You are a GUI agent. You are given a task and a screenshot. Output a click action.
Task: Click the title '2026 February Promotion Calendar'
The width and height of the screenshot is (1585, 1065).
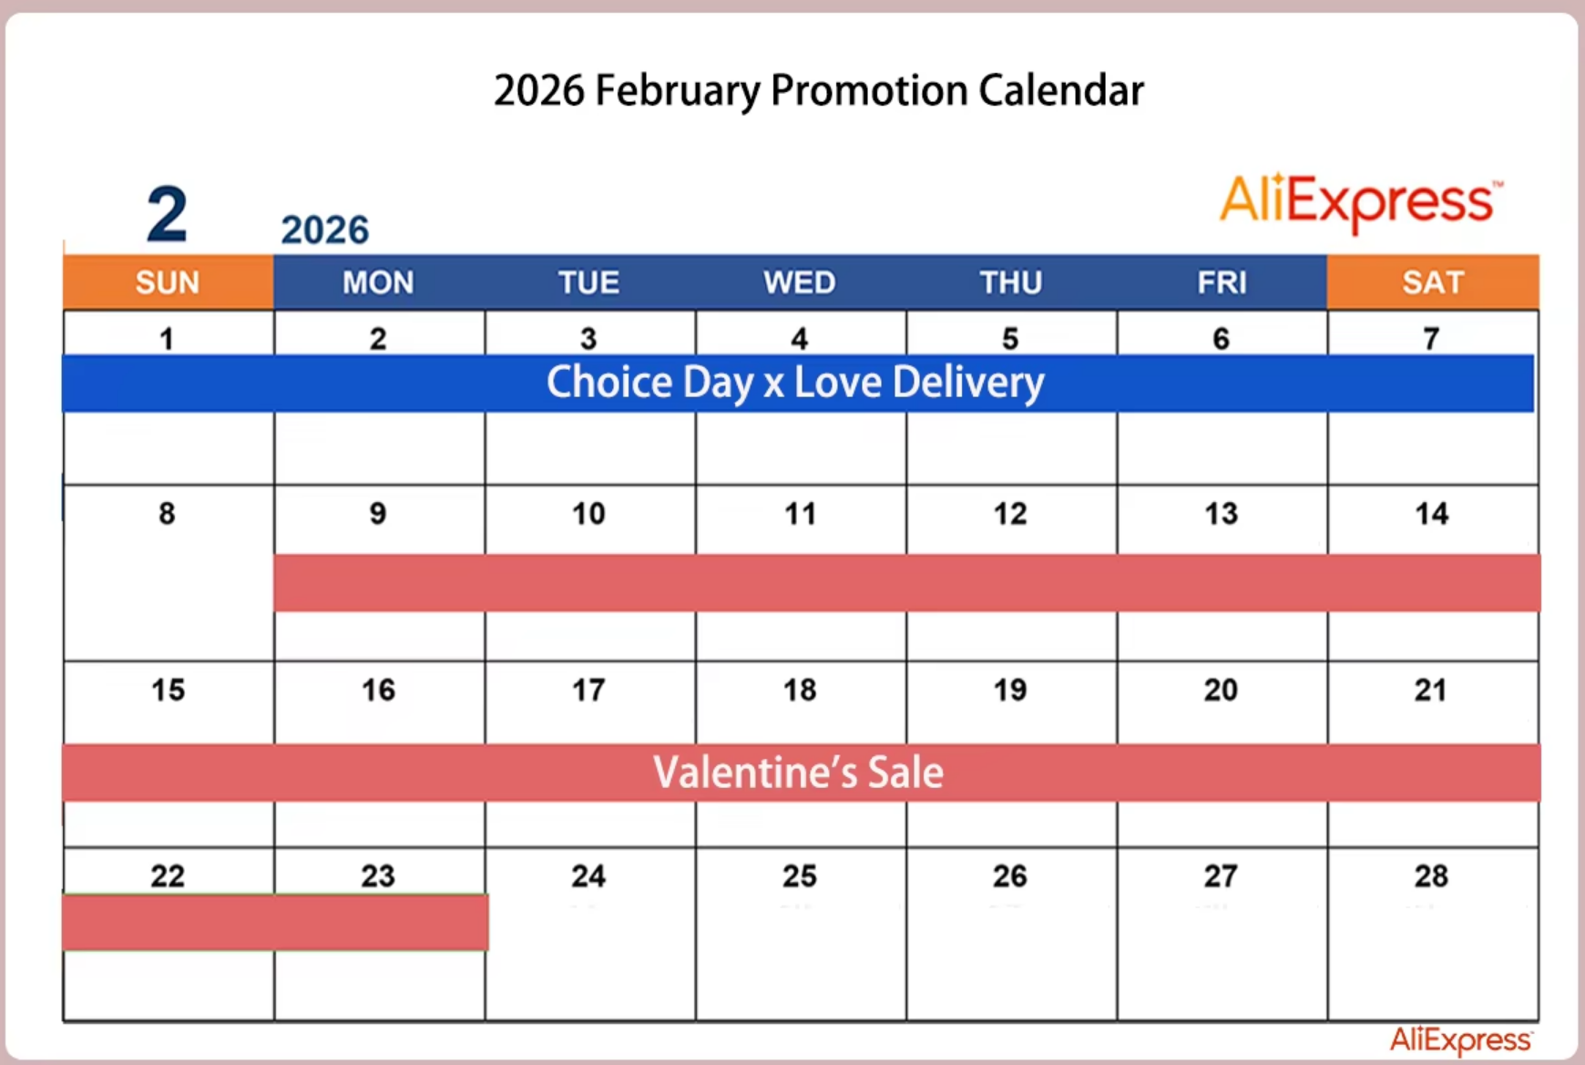(x=818, y=91)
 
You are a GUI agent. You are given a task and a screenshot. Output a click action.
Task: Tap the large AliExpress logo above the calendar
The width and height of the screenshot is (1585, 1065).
(x=1361, y=201)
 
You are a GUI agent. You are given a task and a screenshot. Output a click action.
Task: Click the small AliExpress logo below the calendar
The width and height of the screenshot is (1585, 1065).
(x=1461, y=1039)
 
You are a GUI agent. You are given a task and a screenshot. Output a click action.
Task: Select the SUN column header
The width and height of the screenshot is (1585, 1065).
(x=168, y=282)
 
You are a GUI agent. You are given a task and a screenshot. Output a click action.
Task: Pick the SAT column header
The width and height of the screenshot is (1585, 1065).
(x=1433, y=282)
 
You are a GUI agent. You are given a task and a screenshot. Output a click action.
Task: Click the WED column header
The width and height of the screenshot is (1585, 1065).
(x=800, y=282)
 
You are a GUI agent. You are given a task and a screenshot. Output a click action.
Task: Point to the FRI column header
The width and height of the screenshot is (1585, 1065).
(x=1222, y=282)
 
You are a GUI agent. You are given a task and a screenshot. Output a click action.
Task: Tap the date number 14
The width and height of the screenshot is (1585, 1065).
(x=1432, y=514)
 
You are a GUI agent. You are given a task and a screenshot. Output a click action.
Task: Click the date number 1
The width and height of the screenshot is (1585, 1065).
(x=167, y=339)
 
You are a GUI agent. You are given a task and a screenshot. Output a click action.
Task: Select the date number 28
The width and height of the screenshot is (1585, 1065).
(x=1431, y=876)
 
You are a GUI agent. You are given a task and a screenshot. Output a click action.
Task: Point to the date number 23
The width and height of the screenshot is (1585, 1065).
(x=378, y=876)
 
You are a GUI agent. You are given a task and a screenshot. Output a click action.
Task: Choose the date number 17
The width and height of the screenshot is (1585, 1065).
(x=588, y=690)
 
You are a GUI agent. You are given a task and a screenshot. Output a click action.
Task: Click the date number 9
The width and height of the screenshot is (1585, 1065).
(x=378, y=514)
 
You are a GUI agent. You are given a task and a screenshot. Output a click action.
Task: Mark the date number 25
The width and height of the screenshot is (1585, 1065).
(x=800, y=876)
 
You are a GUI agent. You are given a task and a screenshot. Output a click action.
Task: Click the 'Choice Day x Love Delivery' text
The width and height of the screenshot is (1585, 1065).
(x=795, y=383)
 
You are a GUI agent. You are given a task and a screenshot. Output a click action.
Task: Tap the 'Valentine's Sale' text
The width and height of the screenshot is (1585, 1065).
(x=798, y=773)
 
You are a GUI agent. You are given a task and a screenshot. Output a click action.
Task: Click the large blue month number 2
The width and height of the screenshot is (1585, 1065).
(x=168, y=215)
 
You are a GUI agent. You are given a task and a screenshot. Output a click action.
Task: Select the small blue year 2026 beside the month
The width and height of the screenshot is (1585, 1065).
(x=325, y=230)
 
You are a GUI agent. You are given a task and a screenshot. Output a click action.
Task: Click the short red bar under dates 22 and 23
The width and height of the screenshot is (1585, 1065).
(x=275, y=922)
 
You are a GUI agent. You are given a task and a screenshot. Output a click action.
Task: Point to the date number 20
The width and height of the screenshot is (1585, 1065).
(x=1221, y=690)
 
